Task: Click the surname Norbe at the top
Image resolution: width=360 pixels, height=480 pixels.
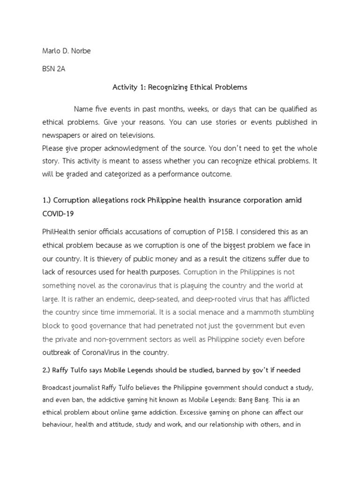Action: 80,51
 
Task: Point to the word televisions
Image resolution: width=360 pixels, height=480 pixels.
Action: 137,135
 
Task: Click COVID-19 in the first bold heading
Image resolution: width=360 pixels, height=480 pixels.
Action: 59,213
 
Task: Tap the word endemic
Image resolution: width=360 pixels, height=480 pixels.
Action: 115,299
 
